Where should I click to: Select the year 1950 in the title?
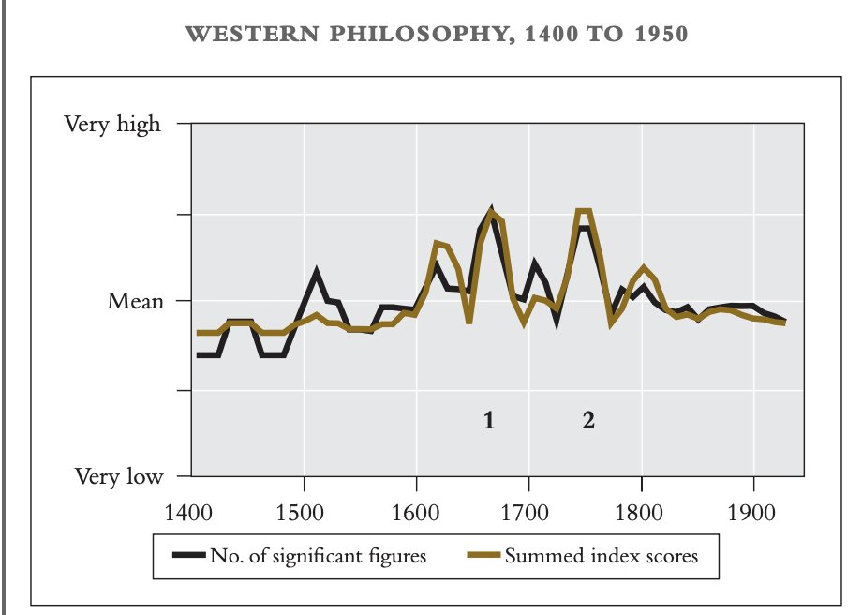[655, 35]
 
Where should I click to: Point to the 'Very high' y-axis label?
[111, 124]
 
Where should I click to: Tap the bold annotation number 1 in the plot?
[488, 421]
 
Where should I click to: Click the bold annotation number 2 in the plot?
[588, 421]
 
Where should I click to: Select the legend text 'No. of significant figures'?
[319, 556]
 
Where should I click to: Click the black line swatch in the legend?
[188, 556]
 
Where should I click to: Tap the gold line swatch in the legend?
[482, 556]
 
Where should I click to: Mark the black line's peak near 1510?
[317, 272]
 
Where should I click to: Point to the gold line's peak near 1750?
[584, 211]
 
